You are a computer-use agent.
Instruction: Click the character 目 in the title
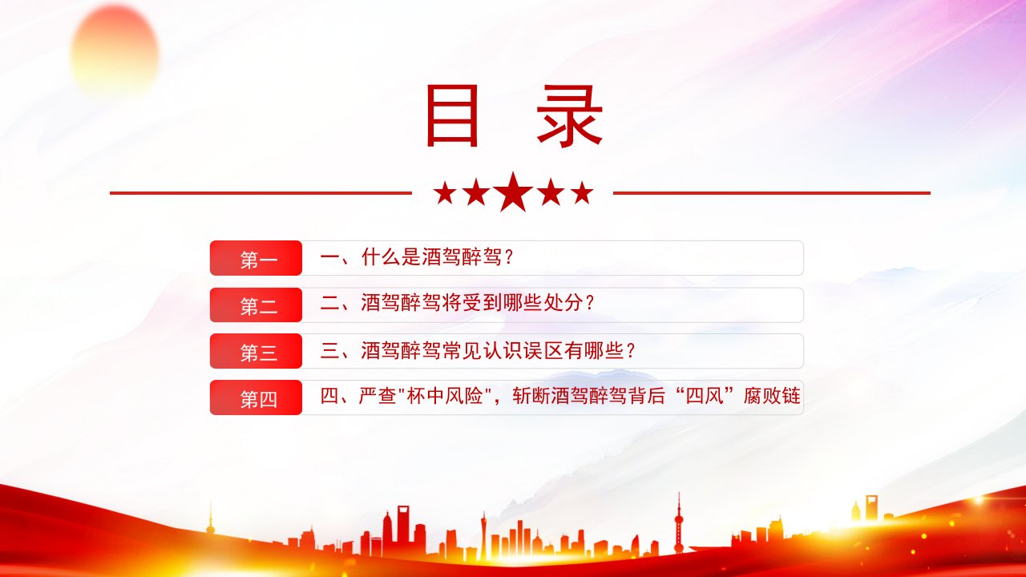[452, 115]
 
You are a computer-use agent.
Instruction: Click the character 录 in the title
[569, 115]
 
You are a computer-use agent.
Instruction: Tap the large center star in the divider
[514, 192]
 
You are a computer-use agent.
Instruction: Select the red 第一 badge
[256, 258]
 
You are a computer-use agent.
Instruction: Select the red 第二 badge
[256, 305]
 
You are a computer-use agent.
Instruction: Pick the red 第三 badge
[256, 351]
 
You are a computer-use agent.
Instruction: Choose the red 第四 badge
[256, 397]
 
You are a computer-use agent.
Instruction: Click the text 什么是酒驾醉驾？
[438, 257]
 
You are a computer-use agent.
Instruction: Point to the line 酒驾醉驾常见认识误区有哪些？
[498, 350]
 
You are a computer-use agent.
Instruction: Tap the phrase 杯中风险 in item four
[444, 396]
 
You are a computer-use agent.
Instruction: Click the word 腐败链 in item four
[772, 396]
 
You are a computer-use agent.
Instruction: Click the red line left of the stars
[261, 193]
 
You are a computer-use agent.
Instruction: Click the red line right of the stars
[772, 193]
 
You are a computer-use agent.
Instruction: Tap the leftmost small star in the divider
[445, 192]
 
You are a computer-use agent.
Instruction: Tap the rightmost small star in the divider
[582, 192]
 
